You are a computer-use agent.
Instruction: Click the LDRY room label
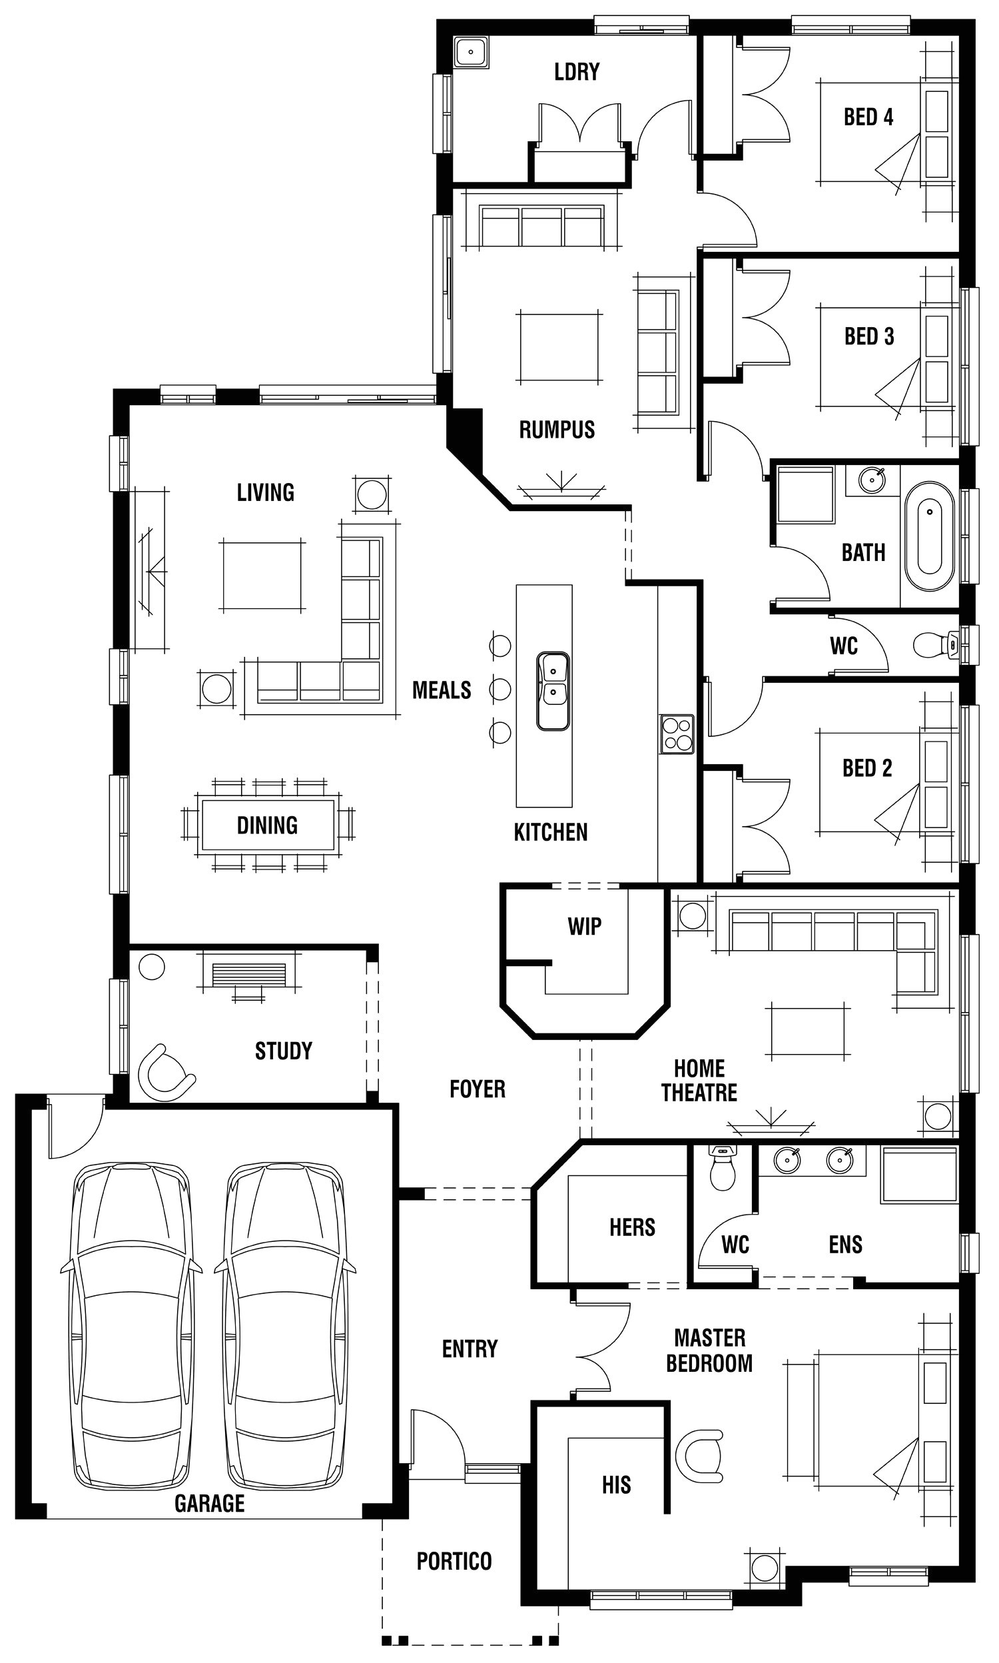pyautogui.click(x=576, y=71)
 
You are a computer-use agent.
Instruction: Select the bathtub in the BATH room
pyautogui.click(x=929, y=536)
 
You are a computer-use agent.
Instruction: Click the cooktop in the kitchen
pyautogui.click(x=677, y=734)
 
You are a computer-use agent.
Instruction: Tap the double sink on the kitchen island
pyautogui.click(x=553, y=691)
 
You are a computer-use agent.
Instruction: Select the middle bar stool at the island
pyautogui.click(x=499, y=689)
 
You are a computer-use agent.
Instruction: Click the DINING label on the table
pyautogui.click(x=267, y=826)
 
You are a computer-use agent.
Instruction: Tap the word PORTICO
pyautogui.click(x=454, y=1560)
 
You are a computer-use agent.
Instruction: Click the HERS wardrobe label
pyautogui.click(x=631, y=1227)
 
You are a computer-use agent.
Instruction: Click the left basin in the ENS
pyautogui.click(x=787, y=1160)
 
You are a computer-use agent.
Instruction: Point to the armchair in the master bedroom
pyautogui.click(x=701, y=1456)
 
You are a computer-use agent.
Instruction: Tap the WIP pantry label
pyautogui.click(x=583, y=926)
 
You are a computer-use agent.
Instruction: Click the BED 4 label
pyautogui.click(x=868, y=117)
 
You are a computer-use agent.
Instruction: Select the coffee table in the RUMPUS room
pyautogui.click(x=558, y=346)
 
